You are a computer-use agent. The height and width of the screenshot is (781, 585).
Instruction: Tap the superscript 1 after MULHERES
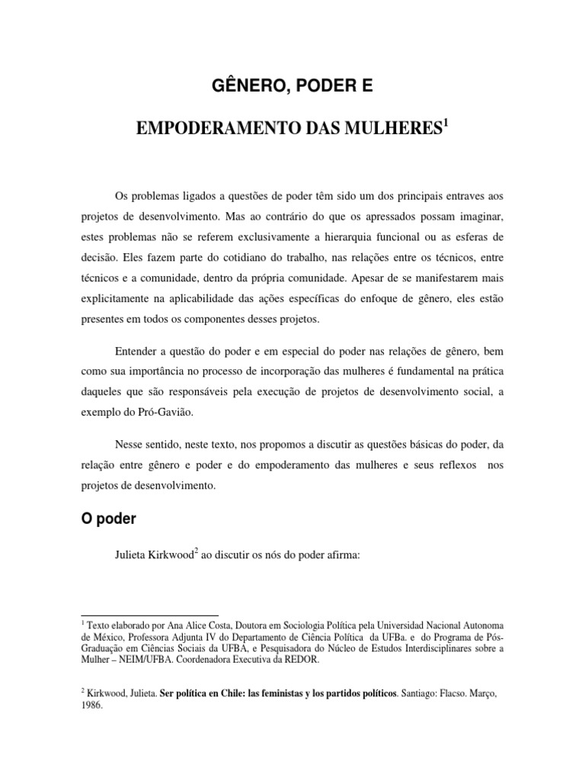pyautogui.click(x=446, y=121)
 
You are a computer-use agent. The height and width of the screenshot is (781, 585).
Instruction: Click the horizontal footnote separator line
pyautogui.click(x=149, y=615)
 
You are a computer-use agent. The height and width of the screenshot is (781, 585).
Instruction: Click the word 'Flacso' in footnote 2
pyautogui.click(x=454, y=694)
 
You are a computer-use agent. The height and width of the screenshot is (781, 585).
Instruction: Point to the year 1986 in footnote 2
pyautogui.click(x=91, y=705)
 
